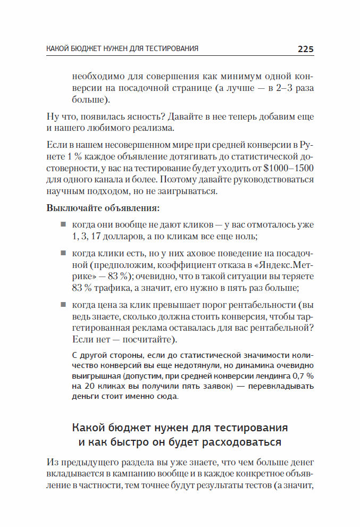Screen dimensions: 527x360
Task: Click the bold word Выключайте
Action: [72, 207]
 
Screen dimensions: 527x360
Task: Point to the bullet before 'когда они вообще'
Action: [63, 224]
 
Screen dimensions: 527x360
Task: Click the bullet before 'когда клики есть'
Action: [63, 253]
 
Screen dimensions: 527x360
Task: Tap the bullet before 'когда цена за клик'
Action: [63, 305]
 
